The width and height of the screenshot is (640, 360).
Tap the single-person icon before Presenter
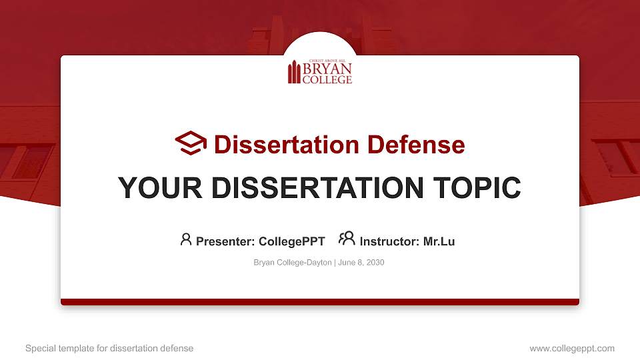pyautogui.click(x=186, y=239)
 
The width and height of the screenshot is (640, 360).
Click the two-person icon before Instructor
pyautogui.click(x=347, y=239)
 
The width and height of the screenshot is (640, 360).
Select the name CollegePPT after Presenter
pyautogui.click(x=292, y=241)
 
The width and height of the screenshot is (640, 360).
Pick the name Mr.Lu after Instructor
pyautogui.click(x=439, y=241)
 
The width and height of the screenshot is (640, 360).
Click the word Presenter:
pyautogui.click(x=225, y=241)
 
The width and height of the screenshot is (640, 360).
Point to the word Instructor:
pyautogui.click(x=389, y=241)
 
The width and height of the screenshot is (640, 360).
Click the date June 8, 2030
pyautogui.click(x=361, y=263)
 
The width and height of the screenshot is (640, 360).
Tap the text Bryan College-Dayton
pyautogui.click(x=292, y=263)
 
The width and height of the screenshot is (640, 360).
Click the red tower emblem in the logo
pyautogui.click(x=294, y=73)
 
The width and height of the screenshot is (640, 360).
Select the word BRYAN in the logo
pyautogui.click(x=327, y=69)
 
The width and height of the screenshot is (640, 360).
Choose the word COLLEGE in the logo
pyautogui.click(x=327, y=79)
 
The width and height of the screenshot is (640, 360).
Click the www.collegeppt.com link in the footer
pyautogui.click(x=571, y=348)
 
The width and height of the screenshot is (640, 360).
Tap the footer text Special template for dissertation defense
pyautogui.click(x=109, y=348)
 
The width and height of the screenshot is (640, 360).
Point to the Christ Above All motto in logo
pyautogui.click(x=327, y=61)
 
